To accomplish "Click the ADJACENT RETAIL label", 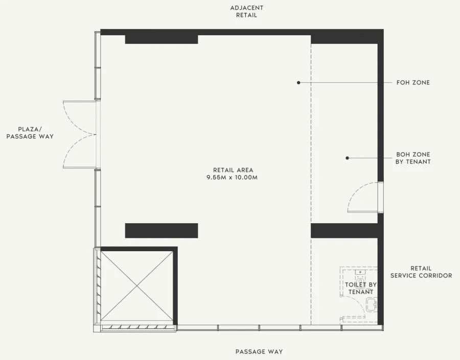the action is tap(246, 11).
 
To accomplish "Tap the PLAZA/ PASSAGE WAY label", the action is tap(30, 133).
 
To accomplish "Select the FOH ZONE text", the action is tap(413, 83).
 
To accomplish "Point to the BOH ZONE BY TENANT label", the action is tap(413, 158).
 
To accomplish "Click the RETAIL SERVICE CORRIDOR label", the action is tap(421, 272).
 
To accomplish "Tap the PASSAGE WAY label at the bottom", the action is tap(259, 351).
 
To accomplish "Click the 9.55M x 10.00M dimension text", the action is tap(232, 177).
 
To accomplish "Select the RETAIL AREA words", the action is tap(233, 170).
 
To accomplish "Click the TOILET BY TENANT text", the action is tap(360, 288).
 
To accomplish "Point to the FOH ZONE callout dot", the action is tap(298, 83).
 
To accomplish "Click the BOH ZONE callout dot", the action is tap(347, 158).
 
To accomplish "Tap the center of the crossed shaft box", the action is tap(136, 286).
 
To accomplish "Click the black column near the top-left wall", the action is tap(162, 39).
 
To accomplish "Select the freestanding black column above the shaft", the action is tap(162, 231).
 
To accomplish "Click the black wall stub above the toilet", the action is tap(344, 231).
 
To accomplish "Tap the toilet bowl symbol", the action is tap(360, 276).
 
